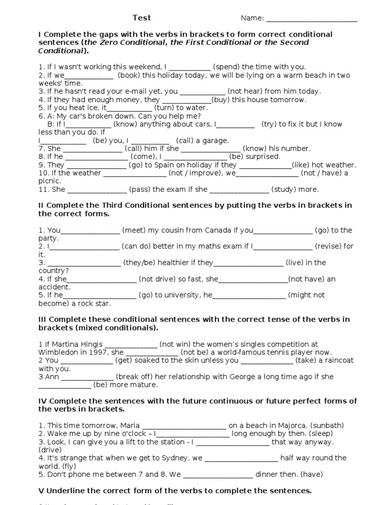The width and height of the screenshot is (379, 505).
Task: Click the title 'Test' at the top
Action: click(142, 18)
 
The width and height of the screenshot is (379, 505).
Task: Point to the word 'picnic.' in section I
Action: click(50, 181)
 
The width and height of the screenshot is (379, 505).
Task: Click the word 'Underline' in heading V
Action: click(65, 491)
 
